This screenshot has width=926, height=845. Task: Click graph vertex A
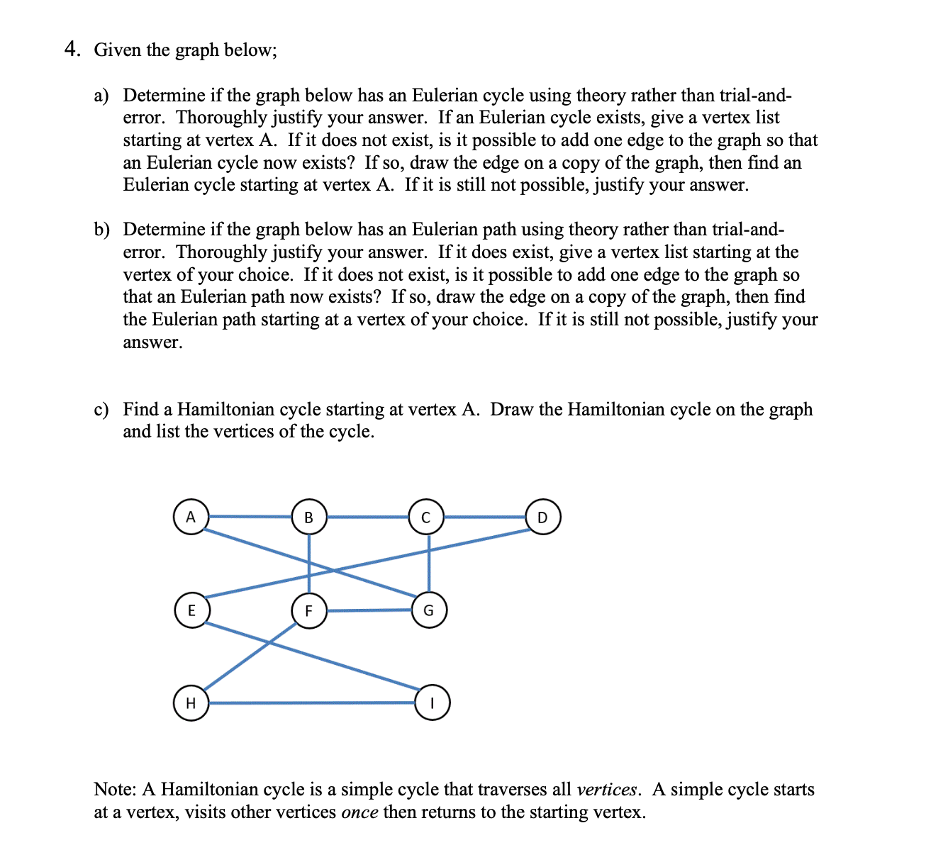click(191, 517)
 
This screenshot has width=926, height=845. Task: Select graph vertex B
click(308, 517)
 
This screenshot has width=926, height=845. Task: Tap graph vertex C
click(426, 517)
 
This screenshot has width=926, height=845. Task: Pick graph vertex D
click(543, 517)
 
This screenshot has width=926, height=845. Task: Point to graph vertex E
click(191, 610)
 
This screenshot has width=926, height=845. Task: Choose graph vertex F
click(309, 610)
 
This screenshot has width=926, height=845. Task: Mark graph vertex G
click(428, 610)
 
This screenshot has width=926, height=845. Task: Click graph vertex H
click(191, 703)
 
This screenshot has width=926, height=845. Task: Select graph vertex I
click(432, 703)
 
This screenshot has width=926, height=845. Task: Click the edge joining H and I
click(312, 703)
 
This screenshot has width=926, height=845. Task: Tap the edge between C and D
click(485, 517)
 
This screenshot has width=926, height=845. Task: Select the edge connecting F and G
click(369, 610)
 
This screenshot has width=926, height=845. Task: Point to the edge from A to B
click(250, 516)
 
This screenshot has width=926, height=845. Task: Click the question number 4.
click(71, 49)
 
